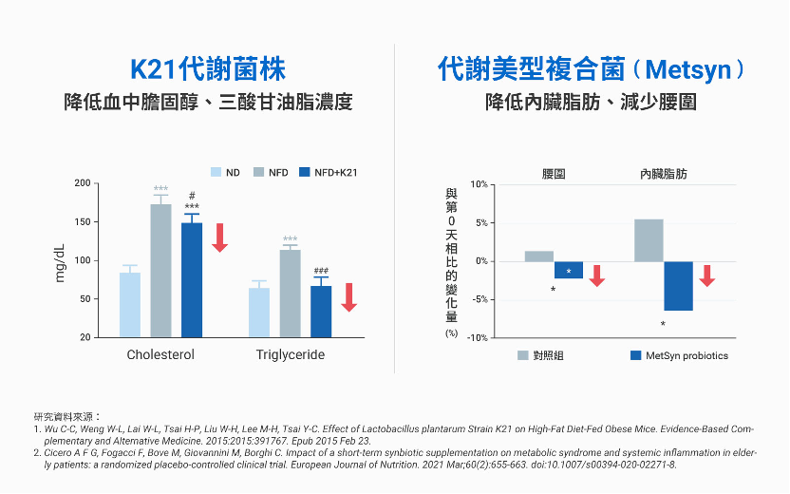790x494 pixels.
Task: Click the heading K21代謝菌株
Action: (208, 69)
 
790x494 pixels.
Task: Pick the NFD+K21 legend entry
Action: (328, 172)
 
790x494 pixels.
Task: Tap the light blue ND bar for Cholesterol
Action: (130, 304)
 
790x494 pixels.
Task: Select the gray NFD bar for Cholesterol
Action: (160, 271)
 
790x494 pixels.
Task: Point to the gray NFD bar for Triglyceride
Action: (291, 294)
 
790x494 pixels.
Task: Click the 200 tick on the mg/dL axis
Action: (84, 183)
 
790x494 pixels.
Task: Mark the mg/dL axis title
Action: (60, 261)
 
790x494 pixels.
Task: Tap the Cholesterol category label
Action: (160, 355)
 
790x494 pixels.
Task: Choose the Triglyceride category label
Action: (290, 355)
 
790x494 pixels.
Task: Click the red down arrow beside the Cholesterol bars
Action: (219, 237)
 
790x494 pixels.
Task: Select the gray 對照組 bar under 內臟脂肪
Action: (649, 240)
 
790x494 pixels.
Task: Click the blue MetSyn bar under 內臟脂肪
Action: (678, 286)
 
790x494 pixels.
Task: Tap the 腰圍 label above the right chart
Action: (555, 175)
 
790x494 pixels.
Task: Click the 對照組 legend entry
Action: (540, 355)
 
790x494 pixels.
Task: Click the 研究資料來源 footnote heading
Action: (67, 416)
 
